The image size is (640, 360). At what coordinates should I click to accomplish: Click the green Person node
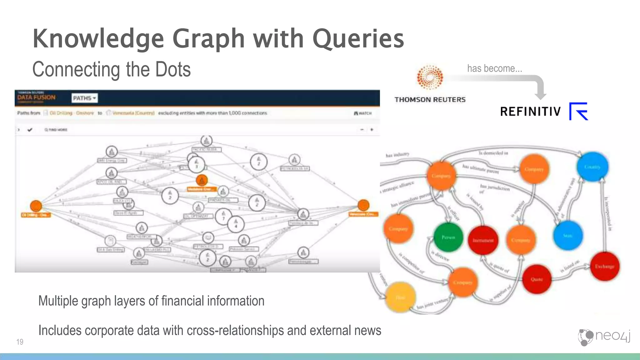448,237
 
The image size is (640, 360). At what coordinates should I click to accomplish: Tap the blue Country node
592,167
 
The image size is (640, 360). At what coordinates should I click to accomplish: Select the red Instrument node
483,240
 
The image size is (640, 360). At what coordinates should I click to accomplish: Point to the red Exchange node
604,266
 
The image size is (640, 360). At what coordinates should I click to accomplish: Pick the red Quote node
537,279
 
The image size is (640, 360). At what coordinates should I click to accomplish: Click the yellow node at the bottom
400,297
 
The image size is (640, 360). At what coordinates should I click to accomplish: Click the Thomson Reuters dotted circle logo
430,77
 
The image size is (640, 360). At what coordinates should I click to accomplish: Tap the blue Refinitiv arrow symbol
579,111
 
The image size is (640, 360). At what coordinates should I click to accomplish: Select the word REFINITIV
530,112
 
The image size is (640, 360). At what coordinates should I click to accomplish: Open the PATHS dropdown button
84,98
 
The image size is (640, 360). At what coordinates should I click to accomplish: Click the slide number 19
20,342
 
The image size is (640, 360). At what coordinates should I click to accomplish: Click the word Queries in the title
358,39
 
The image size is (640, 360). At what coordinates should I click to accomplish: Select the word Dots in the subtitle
173,69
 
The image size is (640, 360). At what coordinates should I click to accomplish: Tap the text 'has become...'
494,68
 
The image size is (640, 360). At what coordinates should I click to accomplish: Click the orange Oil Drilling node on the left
36,206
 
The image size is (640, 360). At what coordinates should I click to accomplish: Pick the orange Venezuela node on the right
363,205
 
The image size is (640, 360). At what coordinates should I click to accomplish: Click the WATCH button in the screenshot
363,113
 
